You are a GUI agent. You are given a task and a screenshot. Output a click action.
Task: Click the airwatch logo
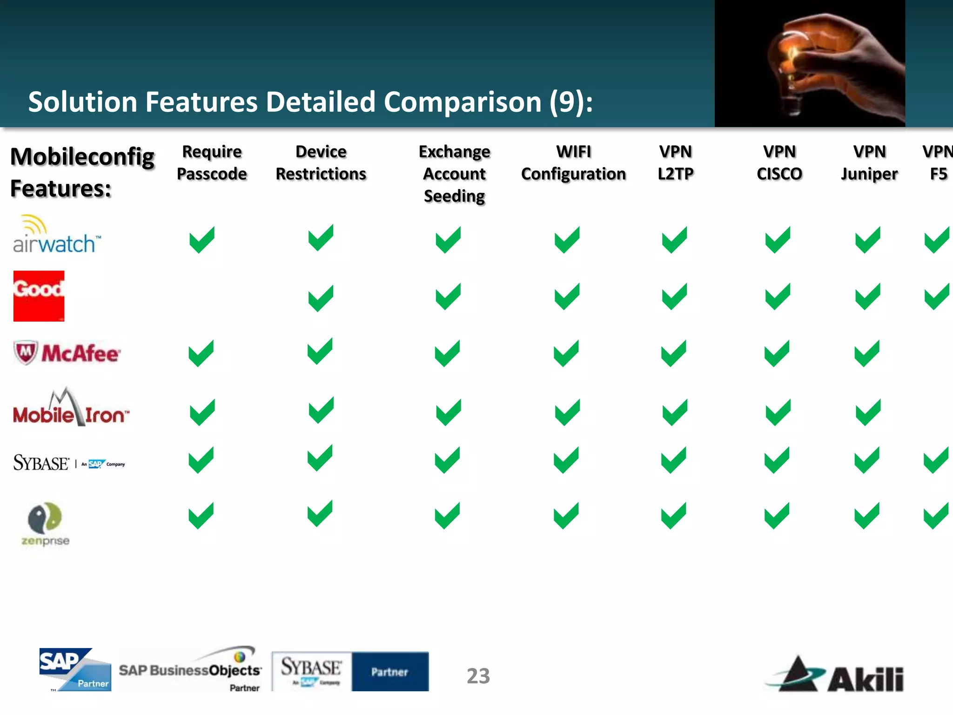[x=56, y=235]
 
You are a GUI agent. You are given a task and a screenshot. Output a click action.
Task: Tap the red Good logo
[x=39, y=296]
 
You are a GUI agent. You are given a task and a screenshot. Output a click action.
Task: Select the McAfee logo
[x=67, y=353]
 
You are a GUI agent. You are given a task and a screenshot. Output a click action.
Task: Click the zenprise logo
[x=45, y=524]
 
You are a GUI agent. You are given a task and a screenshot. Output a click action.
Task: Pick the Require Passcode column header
[x=212, y=163]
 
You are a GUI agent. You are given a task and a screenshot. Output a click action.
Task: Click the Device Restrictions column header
[x=321, y=163]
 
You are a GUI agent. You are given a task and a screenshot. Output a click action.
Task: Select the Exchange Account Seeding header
[x=454, y=174]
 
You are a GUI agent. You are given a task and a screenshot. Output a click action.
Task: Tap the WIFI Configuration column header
[x=573, y=163]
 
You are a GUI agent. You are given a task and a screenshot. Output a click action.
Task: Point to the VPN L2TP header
[x=675, y=163]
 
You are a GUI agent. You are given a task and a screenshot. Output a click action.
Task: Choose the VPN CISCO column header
[x=779, y=163]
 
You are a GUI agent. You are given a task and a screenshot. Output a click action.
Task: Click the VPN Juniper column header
[x=869, y=163]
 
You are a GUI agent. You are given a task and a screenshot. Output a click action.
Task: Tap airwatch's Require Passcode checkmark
[x=202, y=240]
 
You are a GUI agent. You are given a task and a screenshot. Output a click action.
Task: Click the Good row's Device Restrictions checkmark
[x=321, y=298]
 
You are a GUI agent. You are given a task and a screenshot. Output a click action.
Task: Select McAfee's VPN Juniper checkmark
[x=867, y=354]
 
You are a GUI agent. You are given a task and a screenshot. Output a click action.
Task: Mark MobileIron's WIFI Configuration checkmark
[x=567, y=412]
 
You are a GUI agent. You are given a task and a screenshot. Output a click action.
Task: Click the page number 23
[x=478, y=676]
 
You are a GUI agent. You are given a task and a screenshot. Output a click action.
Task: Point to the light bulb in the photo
[x=791, y=65]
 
